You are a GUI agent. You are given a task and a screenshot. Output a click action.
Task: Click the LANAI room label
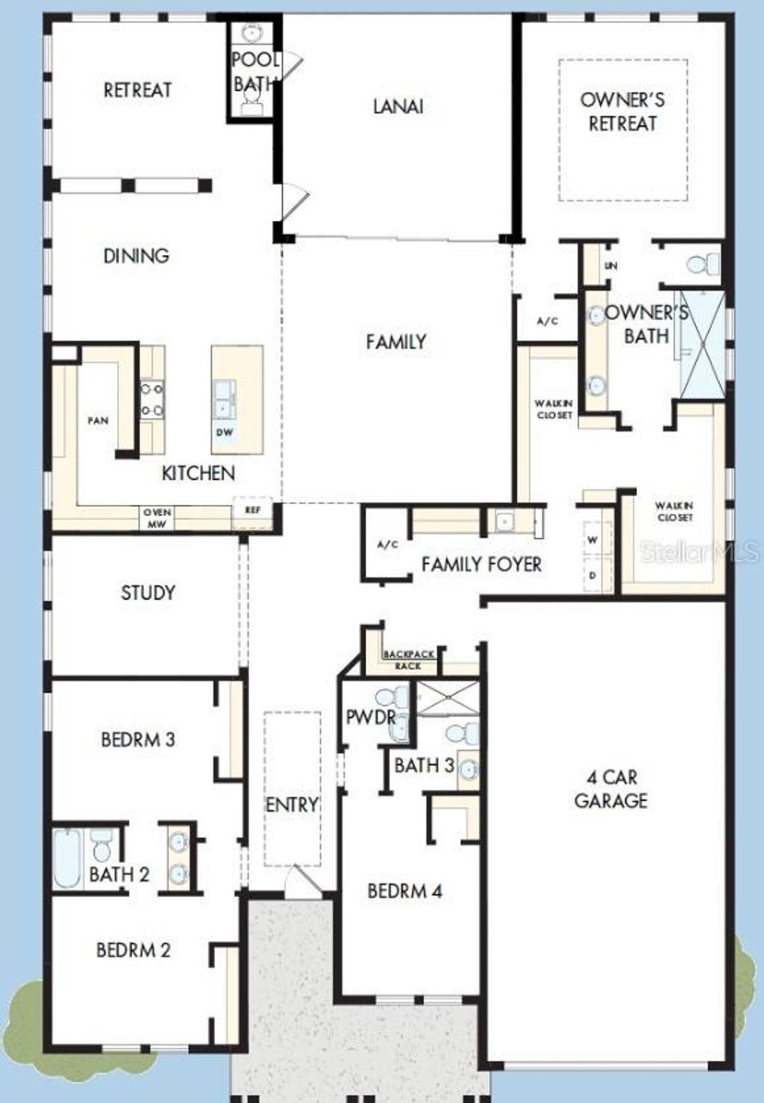pyautogui.click(x=398, y=107)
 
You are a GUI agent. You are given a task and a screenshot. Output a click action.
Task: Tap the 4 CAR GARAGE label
pyautogui.click(x=610, y=789)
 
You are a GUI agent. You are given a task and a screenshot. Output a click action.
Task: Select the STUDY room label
pyautogui.click(x=148, y=593)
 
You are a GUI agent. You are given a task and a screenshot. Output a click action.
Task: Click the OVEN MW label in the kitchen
pyautogui.click(x=157, y=518)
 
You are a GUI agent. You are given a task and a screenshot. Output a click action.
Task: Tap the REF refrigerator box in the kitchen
pyautogui.click(x=253, y=512)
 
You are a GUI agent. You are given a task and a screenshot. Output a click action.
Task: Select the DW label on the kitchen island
pyautogui.click(x=225, y=433)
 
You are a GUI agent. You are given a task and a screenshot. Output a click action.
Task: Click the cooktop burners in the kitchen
pyautogui.click(x=152, y=400)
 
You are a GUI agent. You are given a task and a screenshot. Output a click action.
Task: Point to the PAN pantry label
pyautogui.click(x=98, y=421)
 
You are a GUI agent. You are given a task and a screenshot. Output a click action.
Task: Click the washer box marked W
pyautogui.click(x=593, y=540)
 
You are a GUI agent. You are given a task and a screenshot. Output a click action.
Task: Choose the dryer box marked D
pyautogui.click(x=593, y=576)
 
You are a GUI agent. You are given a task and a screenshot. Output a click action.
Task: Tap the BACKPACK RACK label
pyautogui.click(x=408, y=660)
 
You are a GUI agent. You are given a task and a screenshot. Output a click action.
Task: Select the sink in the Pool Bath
pyautogui.click(x=253, y=33)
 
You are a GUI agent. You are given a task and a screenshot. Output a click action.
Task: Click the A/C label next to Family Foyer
pyautogui.click(x=387, y=544)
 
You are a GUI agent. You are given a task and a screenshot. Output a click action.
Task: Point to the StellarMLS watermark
pyautogui.click(x=700, y=552)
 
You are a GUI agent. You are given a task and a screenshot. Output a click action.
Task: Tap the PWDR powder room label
pyautogui.click(x=371, y=717)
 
